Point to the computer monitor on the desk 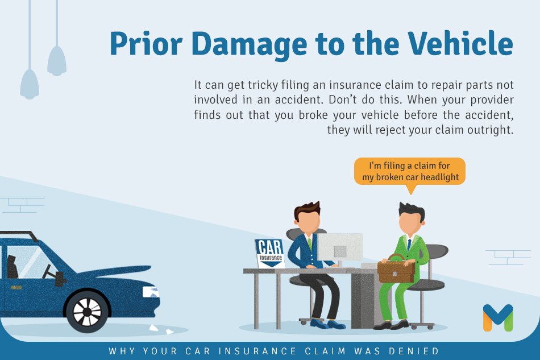(x=340, y=249)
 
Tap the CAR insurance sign (x=270, y=253)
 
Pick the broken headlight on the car (x=151, y=292)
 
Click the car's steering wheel (x=47, y=271)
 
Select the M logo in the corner (x=498, y=317)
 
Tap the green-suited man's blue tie (x=409, y=245)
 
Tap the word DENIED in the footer (x=414, y=351)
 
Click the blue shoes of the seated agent (x=328, y=324)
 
